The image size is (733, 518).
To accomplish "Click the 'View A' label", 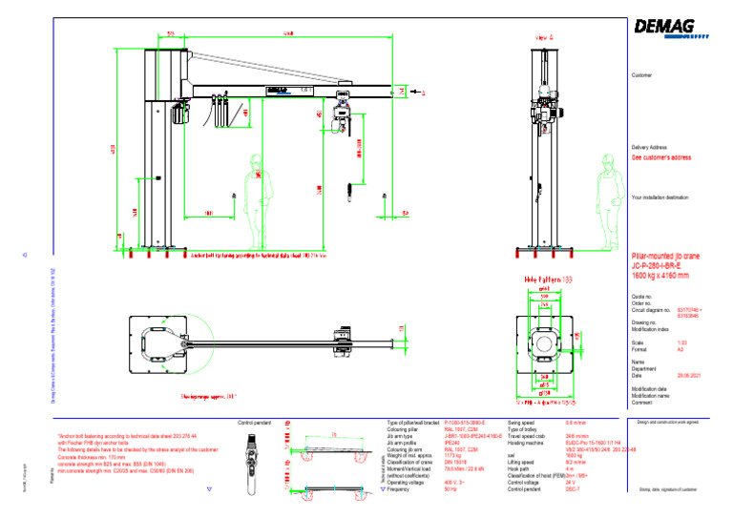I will click(x=538, y=37).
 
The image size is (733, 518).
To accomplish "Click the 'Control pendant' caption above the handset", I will click(x=256, y=421).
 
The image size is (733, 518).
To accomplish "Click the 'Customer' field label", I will click(x=641, y=74).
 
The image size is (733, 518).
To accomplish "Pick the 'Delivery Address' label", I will click(x=649, y=148).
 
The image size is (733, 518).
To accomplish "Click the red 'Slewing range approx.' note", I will click(x=207, y=395).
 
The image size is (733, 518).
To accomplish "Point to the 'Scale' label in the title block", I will click(x=638, y=342).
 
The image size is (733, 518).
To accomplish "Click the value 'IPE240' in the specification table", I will click(x=454, y=444).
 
